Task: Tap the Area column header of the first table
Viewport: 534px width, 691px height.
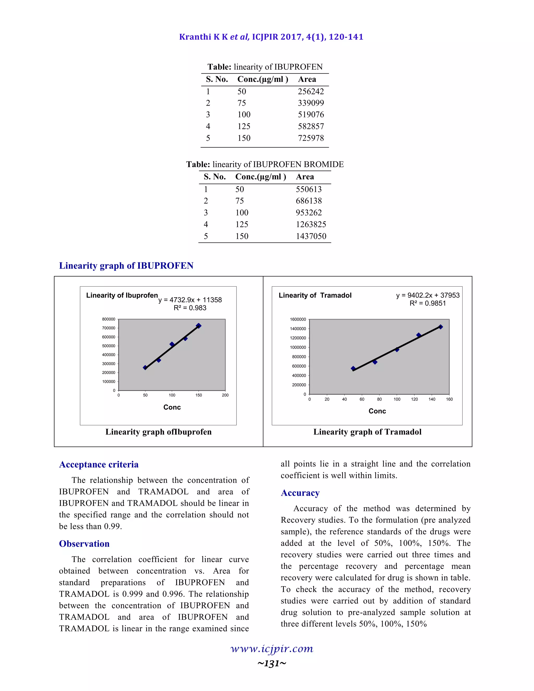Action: (x=307, y=79)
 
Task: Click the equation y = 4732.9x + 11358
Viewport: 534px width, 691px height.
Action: (x=190, y=300)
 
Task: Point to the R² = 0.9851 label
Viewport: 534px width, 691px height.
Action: (x=427, y=303)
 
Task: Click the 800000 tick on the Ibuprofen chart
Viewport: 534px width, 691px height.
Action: (x=108, y=319)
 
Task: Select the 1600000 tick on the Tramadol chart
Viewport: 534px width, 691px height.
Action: (x=298, y=319)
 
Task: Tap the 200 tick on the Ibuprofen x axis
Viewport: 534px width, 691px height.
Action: (x=225, y=395)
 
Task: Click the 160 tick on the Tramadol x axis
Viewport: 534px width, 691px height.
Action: (x=449, y=399)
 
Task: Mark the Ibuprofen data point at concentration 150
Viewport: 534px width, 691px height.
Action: (x=199, y=326)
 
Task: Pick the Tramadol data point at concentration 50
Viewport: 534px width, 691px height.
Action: (x=353, y=368)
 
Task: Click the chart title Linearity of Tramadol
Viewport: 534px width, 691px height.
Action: (x=315, y=295)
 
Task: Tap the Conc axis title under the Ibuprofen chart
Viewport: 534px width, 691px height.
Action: (x=172, y=407)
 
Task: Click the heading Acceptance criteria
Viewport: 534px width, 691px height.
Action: (x=99, y=464)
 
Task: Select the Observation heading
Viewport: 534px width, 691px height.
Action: (x=84, y=544)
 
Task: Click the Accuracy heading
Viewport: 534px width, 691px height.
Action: (x=300, y=493)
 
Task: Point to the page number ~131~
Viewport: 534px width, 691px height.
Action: (x=272, y=663)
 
